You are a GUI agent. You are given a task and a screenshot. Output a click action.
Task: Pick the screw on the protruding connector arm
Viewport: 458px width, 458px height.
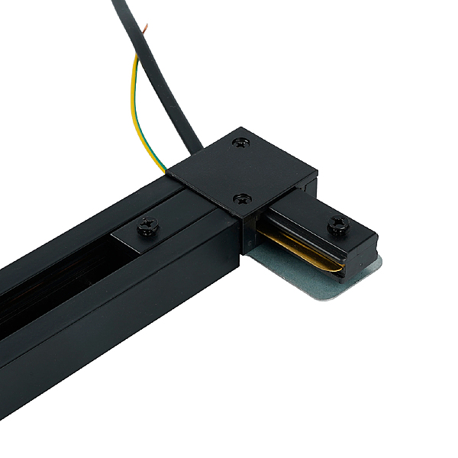[x=338, y=224]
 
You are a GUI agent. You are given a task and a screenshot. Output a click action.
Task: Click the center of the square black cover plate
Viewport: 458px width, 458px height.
[x=244, y=172]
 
